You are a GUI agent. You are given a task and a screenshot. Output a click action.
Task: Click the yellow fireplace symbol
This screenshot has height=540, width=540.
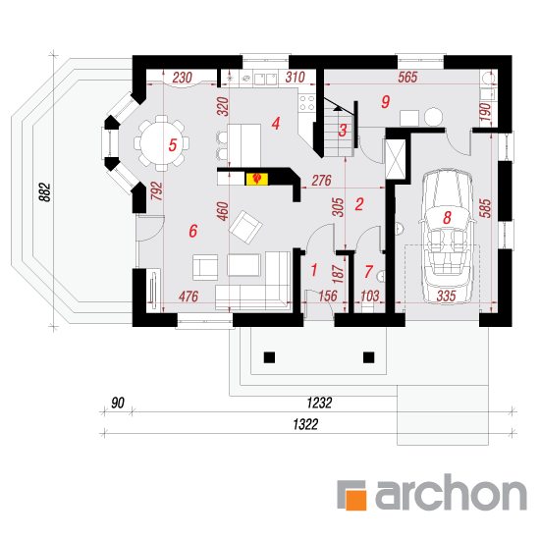[x=256, y=179]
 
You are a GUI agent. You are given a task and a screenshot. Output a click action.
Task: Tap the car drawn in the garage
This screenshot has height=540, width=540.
[x=447, y=237]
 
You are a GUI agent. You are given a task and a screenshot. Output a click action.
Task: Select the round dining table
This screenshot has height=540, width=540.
[x=162, y=143]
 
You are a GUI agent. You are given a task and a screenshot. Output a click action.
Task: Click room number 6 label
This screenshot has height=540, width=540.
[x=193, y=231]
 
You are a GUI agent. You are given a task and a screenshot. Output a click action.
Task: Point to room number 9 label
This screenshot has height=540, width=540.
[x=386, y=101]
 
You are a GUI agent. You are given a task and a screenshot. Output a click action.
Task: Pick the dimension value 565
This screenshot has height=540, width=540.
[x=407, y=78]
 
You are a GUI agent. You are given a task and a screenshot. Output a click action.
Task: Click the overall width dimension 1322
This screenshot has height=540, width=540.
[x=305, y=424]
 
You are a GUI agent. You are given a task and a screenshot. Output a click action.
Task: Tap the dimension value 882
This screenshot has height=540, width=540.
[x=45, y=192]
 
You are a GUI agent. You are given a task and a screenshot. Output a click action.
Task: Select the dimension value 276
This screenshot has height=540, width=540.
[x=321, y=180]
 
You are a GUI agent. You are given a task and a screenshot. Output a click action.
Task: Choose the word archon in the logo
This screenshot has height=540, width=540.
[x=451, y=492]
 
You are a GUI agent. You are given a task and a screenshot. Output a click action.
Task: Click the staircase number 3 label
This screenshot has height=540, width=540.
[x=343, y=131]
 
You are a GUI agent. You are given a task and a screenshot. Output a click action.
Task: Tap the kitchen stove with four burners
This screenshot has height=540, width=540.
[x=307, y=103]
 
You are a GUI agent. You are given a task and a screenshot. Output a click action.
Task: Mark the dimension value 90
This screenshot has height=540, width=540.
[x=118, y=403]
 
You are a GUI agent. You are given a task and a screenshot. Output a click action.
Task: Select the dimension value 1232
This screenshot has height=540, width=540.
[x=319, y=403]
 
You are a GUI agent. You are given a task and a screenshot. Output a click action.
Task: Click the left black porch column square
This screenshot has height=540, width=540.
[x=269, y=357]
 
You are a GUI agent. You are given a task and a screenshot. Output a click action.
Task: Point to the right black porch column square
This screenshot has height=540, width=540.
[x=369, y=357]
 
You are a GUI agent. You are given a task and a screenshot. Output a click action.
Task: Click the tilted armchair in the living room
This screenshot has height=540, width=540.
[x=245, y=227]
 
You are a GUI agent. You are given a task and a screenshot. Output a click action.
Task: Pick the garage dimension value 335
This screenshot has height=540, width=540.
[x=446, y=296]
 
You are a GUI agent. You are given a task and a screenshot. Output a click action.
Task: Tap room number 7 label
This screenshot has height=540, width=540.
[x=368, y=271]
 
